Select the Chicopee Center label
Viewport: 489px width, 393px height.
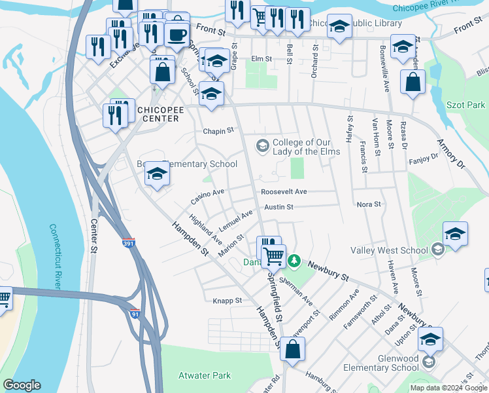160,114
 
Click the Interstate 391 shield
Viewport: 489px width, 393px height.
128,243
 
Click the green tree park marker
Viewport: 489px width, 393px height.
295,261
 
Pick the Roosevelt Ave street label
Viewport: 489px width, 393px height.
284,192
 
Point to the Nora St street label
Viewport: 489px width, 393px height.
369,204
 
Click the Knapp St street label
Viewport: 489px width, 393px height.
228,301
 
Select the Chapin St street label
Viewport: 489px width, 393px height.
218,131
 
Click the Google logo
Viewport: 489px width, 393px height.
22,385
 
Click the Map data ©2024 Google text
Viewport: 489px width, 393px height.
448,388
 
